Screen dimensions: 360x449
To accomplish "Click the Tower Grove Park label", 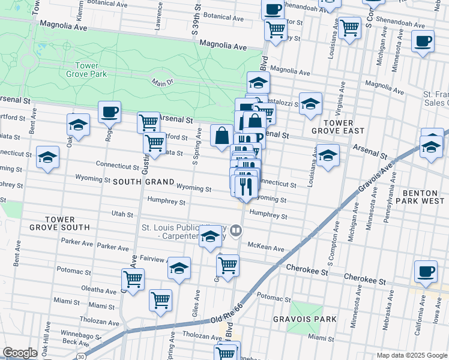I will [x=91, y=70].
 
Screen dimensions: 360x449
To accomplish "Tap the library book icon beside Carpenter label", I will [x=237, y=230].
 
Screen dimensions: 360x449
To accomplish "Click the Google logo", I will [x=20, y=352].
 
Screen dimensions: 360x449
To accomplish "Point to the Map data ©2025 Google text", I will [x=411, y=355].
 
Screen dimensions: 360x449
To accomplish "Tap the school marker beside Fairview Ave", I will [x=179, y=269].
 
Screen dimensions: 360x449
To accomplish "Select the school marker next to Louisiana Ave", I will [x=328, y=156].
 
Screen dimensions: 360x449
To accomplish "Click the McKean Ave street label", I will [x=270, y=248].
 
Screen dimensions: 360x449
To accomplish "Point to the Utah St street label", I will [x=122, y=214].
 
